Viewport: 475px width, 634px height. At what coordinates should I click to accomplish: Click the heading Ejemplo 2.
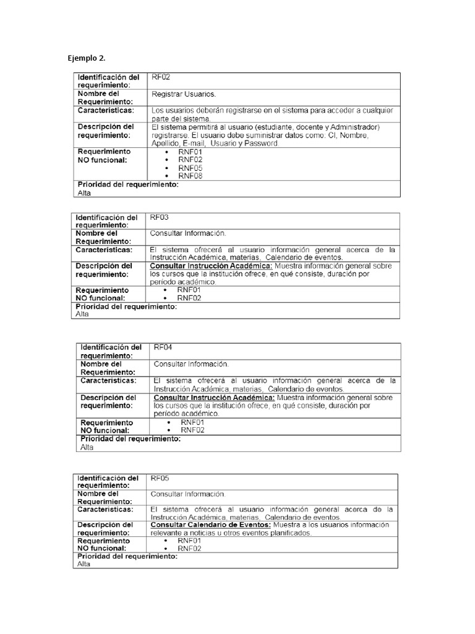point(87,59)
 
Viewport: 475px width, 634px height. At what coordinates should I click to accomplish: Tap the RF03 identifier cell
point(160,217)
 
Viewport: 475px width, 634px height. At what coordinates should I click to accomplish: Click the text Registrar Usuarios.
point(184,95)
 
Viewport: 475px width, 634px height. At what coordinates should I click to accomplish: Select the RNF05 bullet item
point(190,168)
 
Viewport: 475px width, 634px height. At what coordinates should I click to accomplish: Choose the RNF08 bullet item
point(190,176)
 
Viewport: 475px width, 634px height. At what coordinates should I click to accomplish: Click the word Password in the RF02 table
point(262,143)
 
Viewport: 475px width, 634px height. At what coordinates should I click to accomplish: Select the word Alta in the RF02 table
point(83,193)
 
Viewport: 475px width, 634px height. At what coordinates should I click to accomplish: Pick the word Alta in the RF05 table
point(83,564)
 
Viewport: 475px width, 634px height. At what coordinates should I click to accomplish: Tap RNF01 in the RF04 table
point(192,422)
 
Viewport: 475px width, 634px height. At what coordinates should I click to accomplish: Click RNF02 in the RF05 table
point(190,548)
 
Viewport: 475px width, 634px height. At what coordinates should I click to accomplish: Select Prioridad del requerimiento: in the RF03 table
point(126,306)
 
